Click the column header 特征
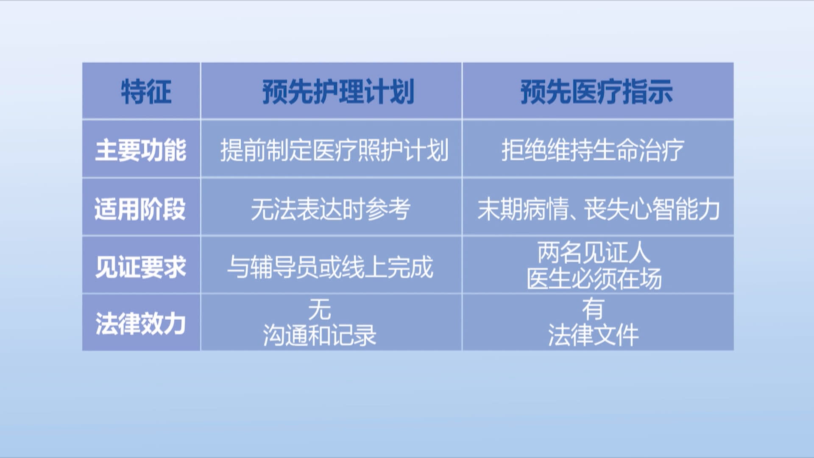[146, 92]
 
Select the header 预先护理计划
[338, 92]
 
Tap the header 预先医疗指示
[597, 92]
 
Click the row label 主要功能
[141, 150]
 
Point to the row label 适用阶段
[140, 209]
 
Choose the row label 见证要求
[141, 267]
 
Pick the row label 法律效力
[141, 324]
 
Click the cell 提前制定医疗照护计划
[334, 150]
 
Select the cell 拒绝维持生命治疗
[593, 150]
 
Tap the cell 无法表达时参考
[331, 209]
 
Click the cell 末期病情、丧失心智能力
[599, 209]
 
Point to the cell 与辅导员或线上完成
[330, 267]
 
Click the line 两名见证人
[594, 252]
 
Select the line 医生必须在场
[594, 279]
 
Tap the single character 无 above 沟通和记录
[320, 309]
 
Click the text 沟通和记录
[320, 335]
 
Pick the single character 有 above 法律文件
[593, 309]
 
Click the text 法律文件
[593, 335]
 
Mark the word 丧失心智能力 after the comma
[652, 209]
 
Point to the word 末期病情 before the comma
[523, 209]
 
